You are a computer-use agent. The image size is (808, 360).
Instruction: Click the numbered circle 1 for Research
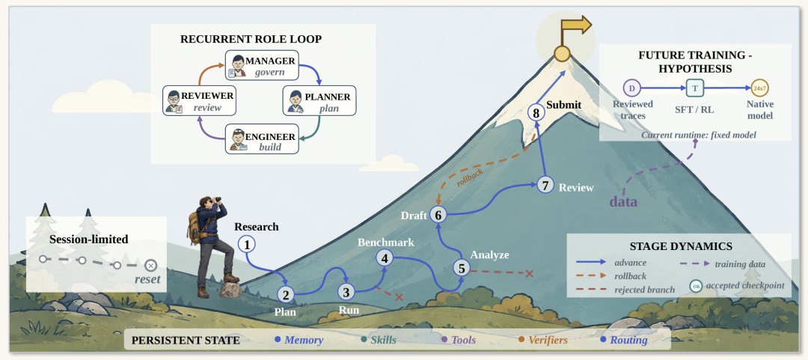pyautogui.click(x=247, y=245)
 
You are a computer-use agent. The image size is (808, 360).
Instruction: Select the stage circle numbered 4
pyautogui.click(x=385, y=257)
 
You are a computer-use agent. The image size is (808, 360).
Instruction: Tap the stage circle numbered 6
pyautogui.click(x=438, y=215)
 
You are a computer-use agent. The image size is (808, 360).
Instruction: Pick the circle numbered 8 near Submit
pyautogui.click(x=536, y=112)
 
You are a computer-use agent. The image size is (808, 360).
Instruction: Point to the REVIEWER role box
pyautogui.click(x=200, y=100)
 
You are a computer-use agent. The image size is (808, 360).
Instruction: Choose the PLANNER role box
pyautogui.click(x=319, y=100)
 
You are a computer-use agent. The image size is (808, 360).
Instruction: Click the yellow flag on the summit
pyautogui.click(x=575, y=25)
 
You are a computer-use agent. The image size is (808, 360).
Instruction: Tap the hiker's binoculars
pyautogui.click(x=217, y=199)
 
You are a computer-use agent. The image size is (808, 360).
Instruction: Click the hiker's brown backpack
pyautogui.click(x=195, y=225)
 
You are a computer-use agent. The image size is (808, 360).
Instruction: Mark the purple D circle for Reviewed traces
pyautogui.click(x=631, y=88)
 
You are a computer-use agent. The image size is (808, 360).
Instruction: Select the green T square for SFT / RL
pyautogui.click(x=694, y=88)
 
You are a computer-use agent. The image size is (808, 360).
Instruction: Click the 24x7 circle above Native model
pyautogui.click(x=759, y=88)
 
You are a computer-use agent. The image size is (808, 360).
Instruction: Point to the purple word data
pyautogui.click(x=623, y=201)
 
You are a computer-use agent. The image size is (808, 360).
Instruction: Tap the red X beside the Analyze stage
pyautogui.click(x=529, y=273)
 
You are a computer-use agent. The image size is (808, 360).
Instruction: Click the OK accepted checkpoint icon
pyautogui.click(x=696, y=285)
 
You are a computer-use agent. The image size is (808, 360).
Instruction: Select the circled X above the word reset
pyautogui.click(x=151, y=266)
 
